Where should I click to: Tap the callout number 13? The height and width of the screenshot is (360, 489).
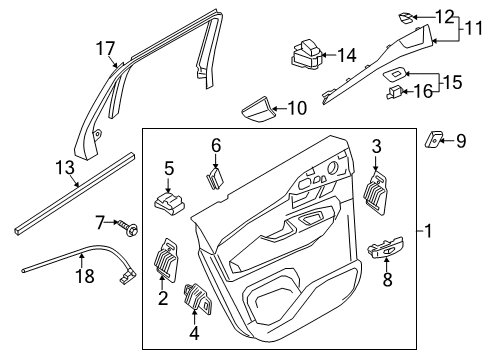[x=65, y=167]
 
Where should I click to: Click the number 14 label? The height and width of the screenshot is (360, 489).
[x=346, y=55]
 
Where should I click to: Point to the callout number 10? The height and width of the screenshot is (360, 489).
[x=297, y=107]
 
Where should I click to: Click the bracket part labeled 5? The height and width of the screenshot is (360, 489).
[x=169, y=199]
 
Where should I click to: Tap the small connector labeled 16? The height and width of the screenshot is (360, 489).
[x=395, y=93]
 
